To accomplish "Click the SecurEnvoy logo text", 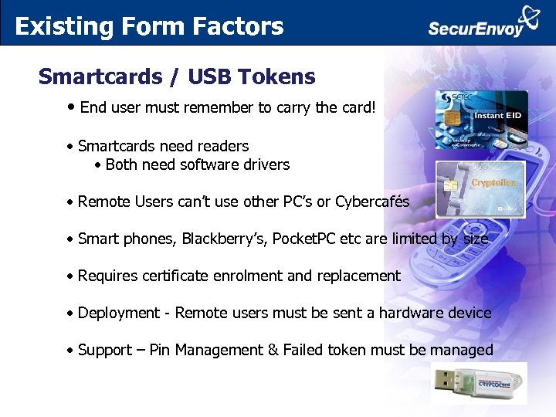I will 476,29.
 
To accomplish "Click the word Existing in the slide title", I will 53,26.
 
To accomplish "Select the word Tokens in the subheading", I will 277,77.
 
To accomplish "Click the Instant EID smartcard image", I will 481,120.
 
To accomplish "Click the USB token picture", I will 478,383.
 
